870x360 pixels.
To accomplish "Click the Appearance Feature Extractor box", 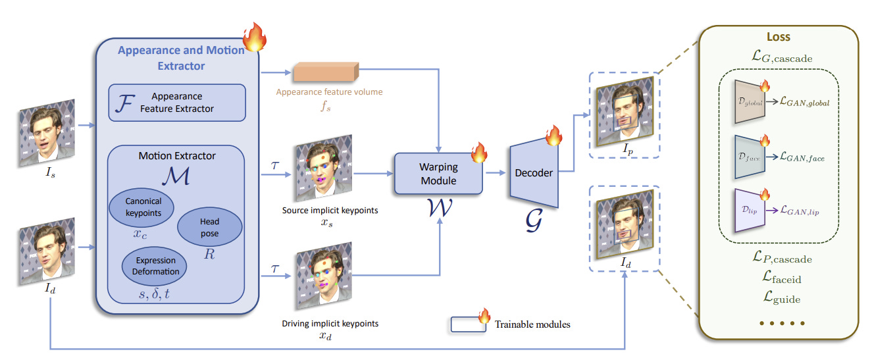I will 176,102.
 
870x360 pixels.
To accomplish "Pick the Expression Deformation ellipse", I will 155,267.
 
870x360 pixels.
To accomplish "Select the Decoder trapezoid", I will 534,173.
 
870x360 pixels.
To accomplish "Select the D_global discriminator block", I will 746,103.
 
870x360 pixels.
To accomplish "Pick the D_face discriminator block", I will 746,157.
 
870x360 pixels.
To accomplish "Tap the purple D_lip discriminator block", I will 746,211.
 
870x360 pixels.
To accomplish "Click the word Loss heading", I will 779,37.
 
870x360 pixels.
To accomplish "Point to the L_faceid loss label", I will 779,279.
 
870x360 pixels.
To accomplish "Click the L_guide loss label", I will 779,298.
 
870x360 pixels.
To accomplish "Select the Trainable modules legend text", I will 532,324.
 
